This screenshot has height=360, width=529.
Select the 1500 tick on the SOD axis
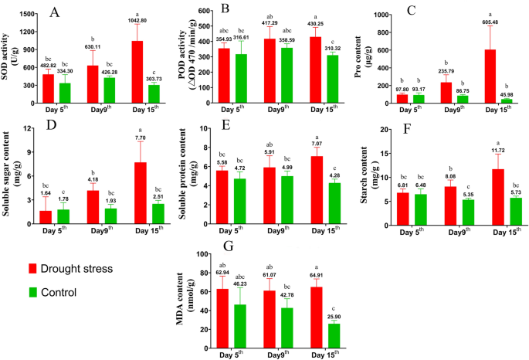25,15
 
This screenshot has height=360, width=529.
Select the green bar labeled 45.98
507,100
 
